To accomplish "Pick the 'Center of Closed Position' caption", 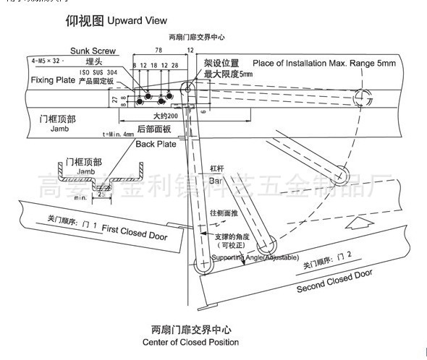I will point(190,342).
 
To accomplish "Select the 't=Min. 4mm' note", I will point(118,134).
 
